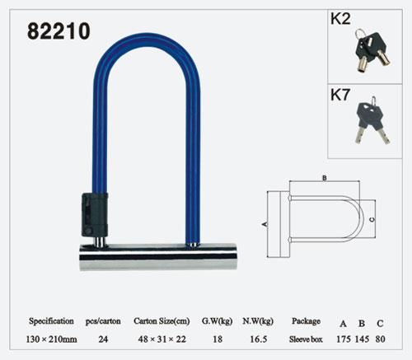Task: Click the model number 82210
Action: (x=59, y=31)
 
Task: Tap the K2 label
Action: (x=340, y=19)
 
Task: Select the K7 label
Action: (x=340, y=95)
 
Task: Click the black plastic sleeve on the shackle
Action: (x=95, y=215)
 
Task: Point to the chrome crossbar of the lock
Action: (x=158, y=257)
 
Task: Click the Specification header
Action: (x=51, y=321)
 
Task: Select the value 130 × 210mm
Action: (x=51, y=339)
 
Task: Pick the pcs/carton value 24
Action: (x=103, y=339)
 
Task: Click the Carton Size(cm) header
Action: (x=162, y=321)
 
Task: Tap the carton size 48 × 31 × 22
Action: (x=162, y=339)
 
